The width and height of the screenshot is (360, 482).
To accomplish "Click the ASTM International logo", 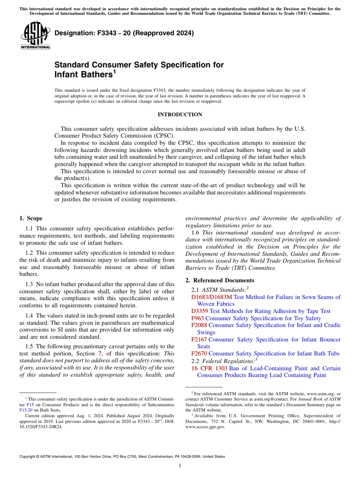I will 35,36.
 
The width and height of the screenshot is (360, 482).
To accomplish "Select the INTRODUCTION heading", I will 180,114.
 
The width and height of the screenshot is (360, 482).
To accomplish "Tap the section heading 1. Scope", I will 31,218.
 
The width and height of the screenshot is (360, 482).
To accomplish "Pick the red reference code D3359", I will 199,311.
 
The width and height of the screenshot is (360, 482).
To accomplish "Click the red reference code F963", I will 197,318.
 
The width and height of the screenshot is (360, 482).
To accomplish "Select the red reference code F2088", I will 199,325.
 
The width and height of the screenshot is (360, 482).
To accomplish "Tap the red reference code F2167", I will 199,340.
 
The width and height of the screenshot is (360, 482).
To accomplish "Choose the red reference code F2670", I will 199,354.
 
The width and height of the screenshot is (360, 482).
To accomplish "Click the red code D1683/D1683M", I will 211,297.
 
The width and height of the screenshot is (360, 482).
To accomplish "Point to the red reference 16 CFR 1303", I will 209,368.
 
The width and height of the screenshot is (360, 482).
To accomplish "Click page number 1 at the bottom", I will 180,466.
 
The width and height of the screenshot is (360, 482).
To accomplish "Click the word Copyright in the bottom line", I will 29,457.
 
